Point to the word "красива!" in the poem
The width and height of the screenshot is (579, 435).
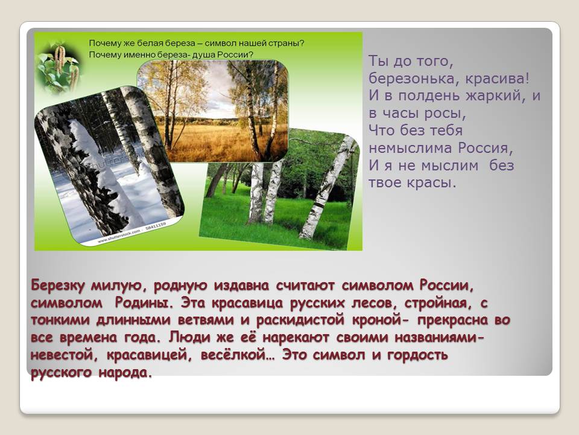tap(498, 79)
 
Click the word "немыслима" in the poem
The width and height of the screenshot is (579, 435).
tap(410, 148)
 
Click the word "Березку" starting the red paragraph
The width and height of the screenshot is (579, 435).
tap(58, 286)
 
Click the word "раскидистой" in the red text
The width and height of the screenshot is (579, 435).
tap(300, 320)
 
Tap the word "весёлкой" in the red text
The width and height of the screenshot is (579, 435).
tap(238, 355)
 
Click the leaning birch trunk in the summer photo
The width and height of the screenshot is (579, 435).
tap(324, 188)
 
